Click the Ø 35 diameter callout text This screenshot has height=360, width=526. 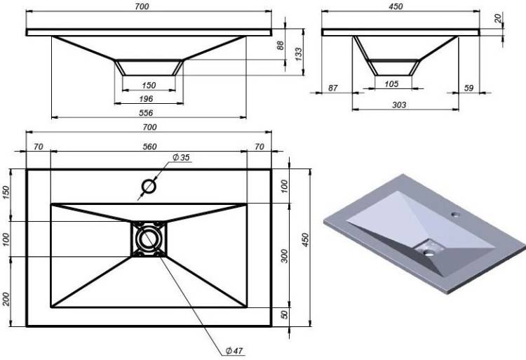pyautogui.click(x=181, y=157)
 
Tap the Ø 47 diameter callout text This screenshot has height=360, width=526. pyautogui.click(x=234, y=351)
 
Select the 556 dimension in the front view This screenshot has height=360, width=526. pyautogui.click(x=146, y=113)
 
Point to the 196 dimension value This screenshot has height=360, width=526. pyautogui.click(x=146, y=99)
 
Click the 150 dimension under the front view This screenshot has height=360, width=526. pyautogui.click(x=149, y=86)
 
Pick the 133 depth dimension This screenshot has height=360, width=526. pyautogui.click(x=298, y=53)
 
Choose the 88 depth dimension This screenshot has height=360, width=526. pyautogui.click(x=281, y=46)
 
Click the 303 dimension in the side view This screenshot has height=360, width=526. pyautogui.click(x=399, y=105)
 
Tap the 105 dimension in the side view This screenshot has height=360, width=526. pyautogui.click(x=391, y=84)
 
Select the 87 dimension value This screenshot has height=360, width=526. pyautogui.click(x=332, y=88)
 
